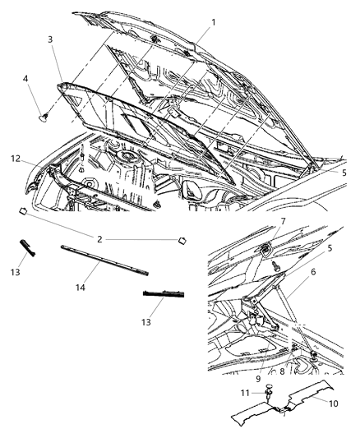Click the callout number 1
[x=213, y=22]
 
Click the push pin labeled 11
[x=270, y=395]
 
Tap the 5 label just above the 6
[x=328, y=247]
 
